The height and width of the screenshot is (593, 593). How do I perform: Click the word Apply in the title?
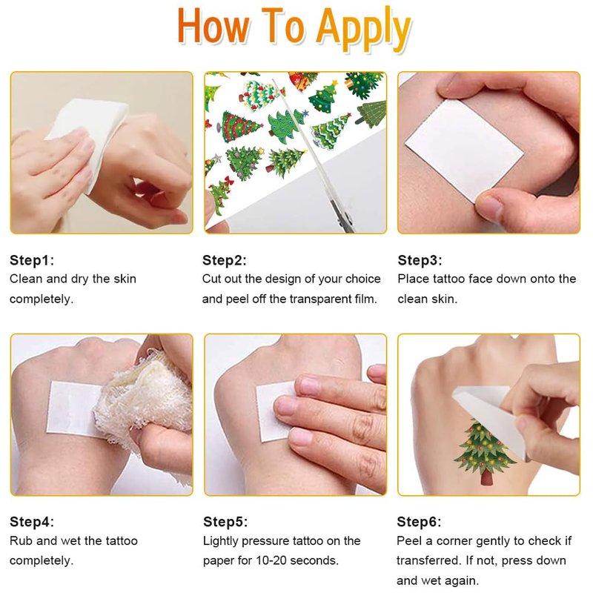coord(363,29)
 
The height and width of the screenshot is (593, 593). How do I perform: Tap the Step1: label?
coord(32,260)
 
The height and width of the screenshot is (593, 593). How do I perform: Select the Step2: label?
coord(225,260)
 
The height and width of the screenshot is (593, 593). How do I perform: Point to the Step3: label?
coord(420,260)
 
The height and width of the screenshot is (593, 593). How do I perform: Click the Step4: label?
coord(32,522)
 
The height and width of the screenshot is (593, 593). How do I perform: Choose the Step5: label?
coord(225,522)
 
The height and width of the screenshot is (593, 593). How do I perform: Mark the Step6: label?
coord(419,522)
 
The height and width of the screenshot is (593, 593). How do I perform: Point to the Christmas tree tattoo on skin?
coord(483,451)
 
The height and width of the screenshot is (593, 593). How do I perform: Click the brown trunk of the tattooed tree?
coord(487,477)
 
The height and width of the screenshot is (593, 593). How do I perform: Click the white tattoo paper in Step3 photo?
coord(465,150)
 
